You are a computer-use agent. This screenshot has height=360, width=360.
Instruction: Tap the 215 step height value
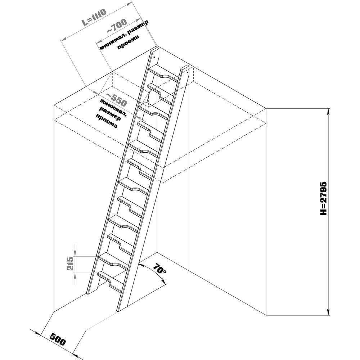pyautogui.click(x=71, y=264)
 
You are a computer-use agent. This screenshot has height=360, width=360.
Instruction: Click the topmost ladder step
pyautogui.click(x=164, y=72)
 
